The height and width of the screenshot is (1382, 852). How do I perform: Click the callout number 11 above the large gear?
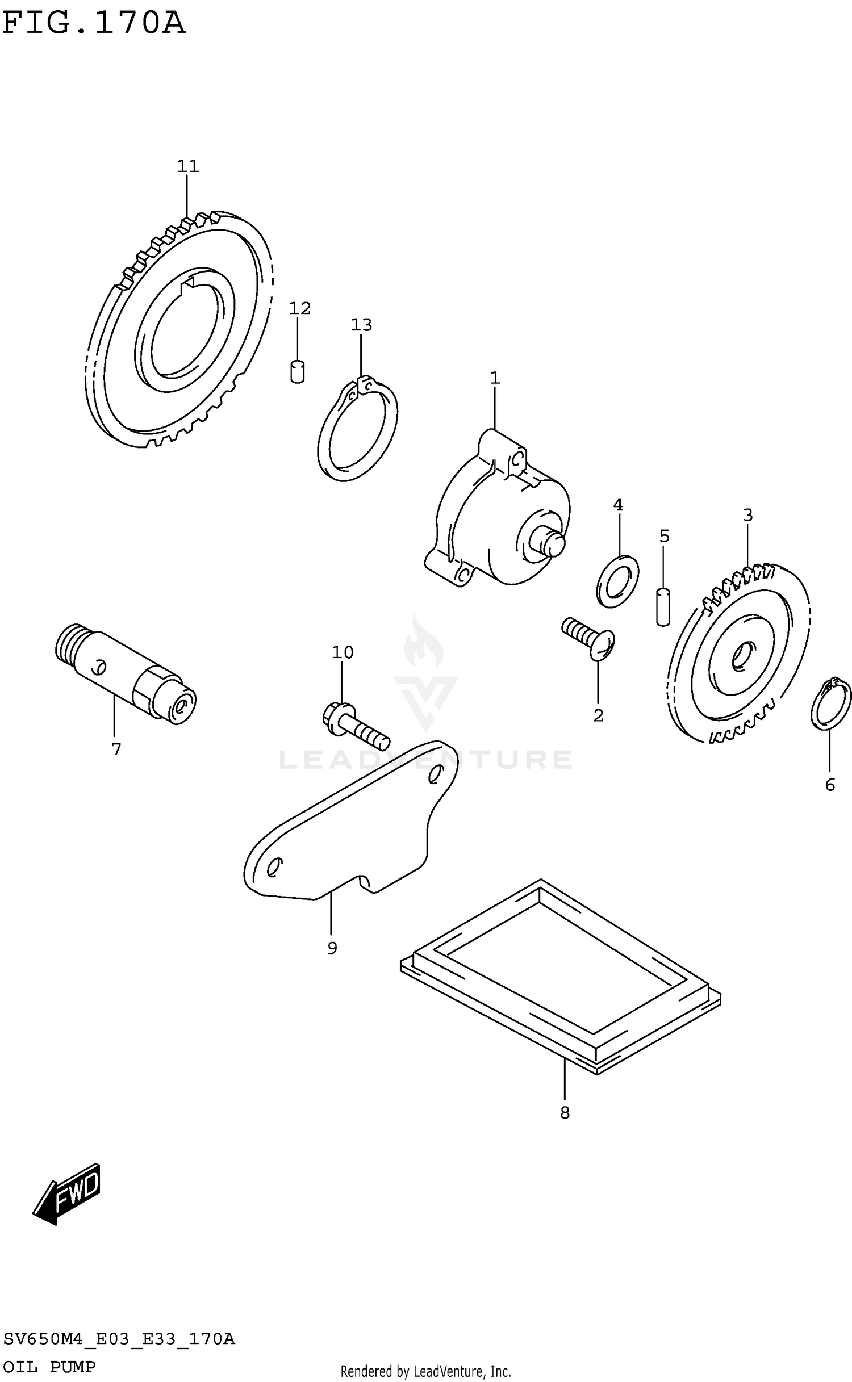click(x=187, y=166)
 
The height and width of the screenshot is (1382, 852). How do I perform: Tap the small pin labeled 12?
click(x=297, y=372)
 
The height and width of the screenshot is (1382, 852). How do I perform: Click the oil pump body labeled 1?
click(x=494, y=511)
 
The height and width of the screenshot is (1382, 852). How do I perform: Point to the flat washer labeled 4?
click(x=617, y=581)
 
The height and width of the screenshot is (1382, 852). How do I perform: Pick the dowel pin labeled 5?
click(x=663, y=607)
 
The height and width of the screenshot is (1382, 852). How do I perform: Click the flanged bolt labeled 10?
click(x=355, y=723)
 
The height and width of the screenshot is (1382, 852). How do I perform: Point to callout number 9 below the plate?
click(x=332, y=948)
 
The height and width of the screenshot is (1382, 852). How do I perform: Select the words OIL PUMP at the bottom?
click(x=49, y=1367)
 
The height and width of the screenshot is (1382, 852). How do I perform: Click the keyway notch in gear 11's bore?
click(x=187, y=287)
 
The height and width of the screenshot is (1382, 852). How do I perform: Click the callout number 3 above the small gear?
click(x=747, y=516)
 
